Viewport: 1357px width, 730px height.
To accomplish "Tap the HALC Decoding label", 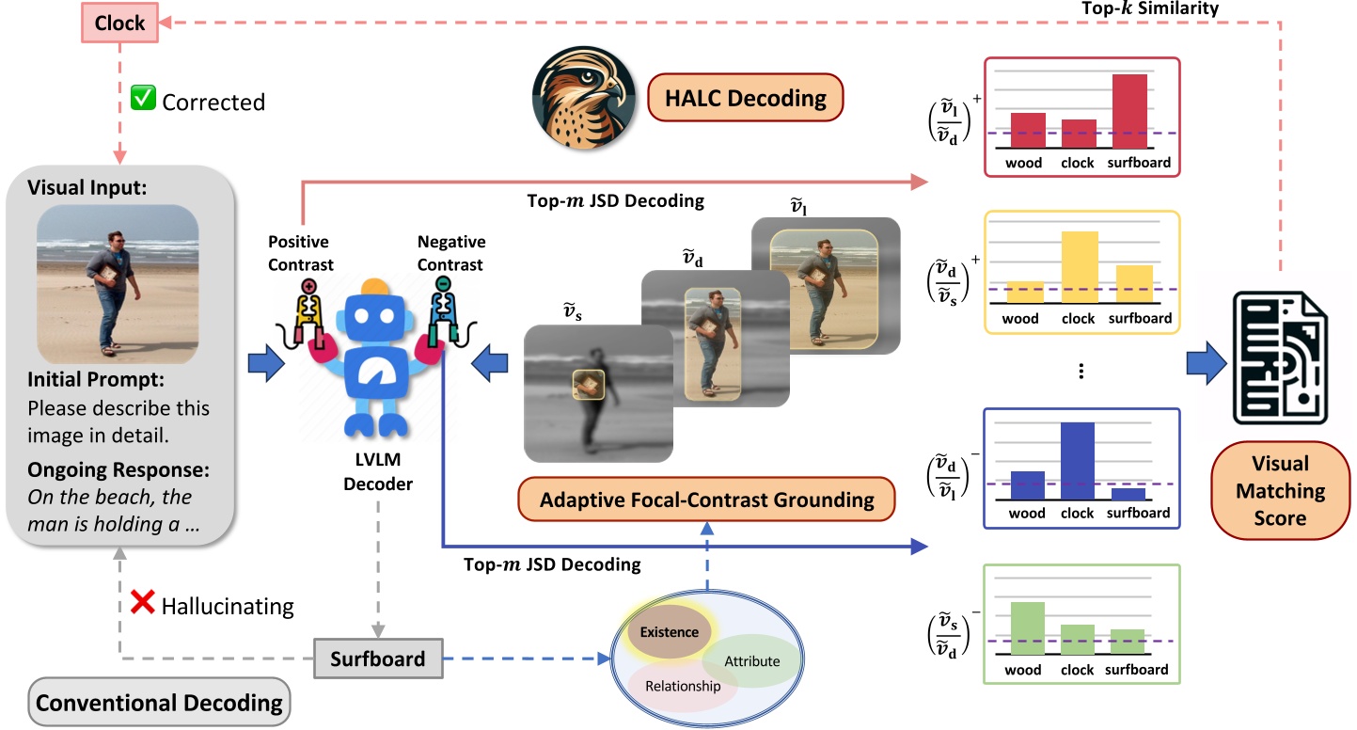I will (746, 98).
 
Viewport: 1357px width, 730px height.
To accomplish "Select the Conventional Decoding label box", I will (158, 702).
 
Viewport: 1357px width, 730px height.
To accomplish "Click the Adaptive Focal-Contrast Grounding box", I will (706, 499).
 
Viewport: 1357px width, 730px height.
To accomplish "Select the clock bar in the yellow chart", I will (1081, 266).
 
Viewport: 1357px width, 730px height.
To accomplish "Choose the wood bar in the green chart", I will (1027, 627).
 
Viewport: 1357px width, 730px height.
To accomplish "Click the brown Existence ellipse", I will (670, 631).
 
